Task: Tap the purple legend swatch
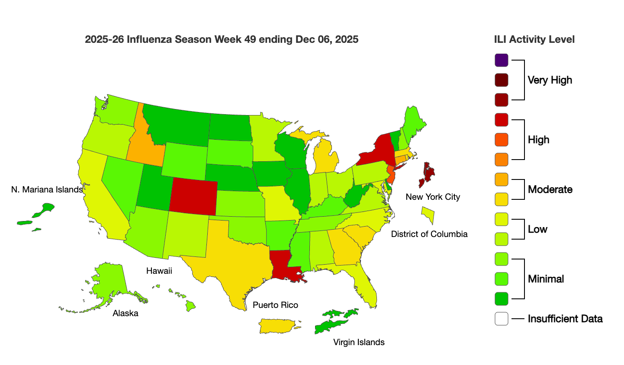coord(502,60)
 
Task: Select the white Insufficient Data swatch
coord(502,319)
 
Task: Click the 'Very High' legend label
coord(550,80)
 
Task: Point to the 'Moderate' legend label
coord(550,189)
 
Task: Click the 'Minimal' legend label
coord(546,279)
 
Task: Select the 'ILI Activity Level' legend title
coord(534,39)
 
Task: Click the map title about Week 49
coord(222,39)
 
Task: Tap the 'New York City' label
coord(433,197)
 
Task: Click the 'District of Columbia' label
coord(429,234)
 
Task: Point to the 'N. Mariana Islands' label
coord(47,189)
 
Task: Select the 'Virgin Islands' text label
coord(359,342)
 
